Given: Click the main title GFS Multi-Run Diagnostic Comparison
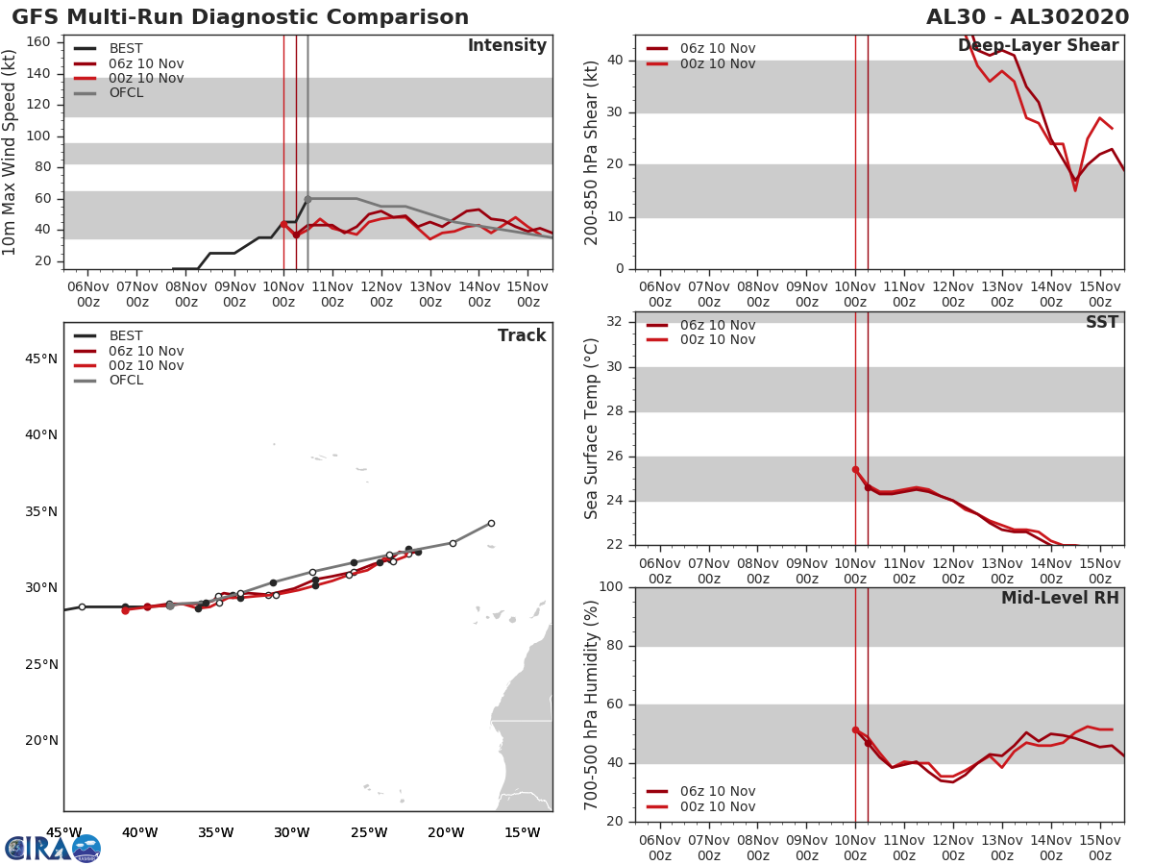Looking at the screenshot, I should pos(240,17).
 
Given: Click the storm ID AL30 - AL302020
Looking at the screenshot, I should pos(1027,17).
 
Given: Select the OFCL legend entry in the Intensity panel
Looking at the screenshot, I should pos(126,93).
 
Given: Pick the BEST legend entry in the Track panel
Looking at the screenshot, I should pos(126,336).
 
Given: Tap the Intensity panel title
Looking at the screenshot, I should pos(506,46).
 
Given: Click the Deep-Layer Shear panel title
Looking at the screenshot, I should pos(1038,46).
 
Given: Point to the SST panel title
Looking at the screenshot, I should pos(1101,323).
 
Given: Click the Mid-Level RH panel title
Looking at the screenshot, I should pos(1059,599).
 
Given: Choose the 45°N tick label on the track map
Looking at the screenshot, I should pos(41,359).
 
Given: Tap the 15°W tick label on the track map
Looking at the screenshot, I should pos(522,832).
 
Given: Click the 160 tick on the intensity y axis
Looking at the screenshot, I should pos(37,42).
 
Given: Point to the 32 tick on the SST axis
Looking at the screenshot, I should pos(612,322).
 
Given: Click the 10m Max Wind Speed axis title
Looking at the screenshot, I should pos(11,152).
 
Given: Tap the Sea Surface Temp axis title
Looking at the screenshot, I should pos(592,429).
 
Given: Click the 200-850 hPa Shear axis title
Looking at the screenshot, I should pos(592,152).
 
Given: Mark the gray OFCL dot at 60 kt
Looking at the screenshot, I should pos(307,199).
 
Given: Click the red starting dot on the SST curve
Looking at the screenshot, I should pos(855,470).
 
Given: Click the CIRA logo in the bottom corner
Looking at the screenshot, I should pos(53,848).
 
